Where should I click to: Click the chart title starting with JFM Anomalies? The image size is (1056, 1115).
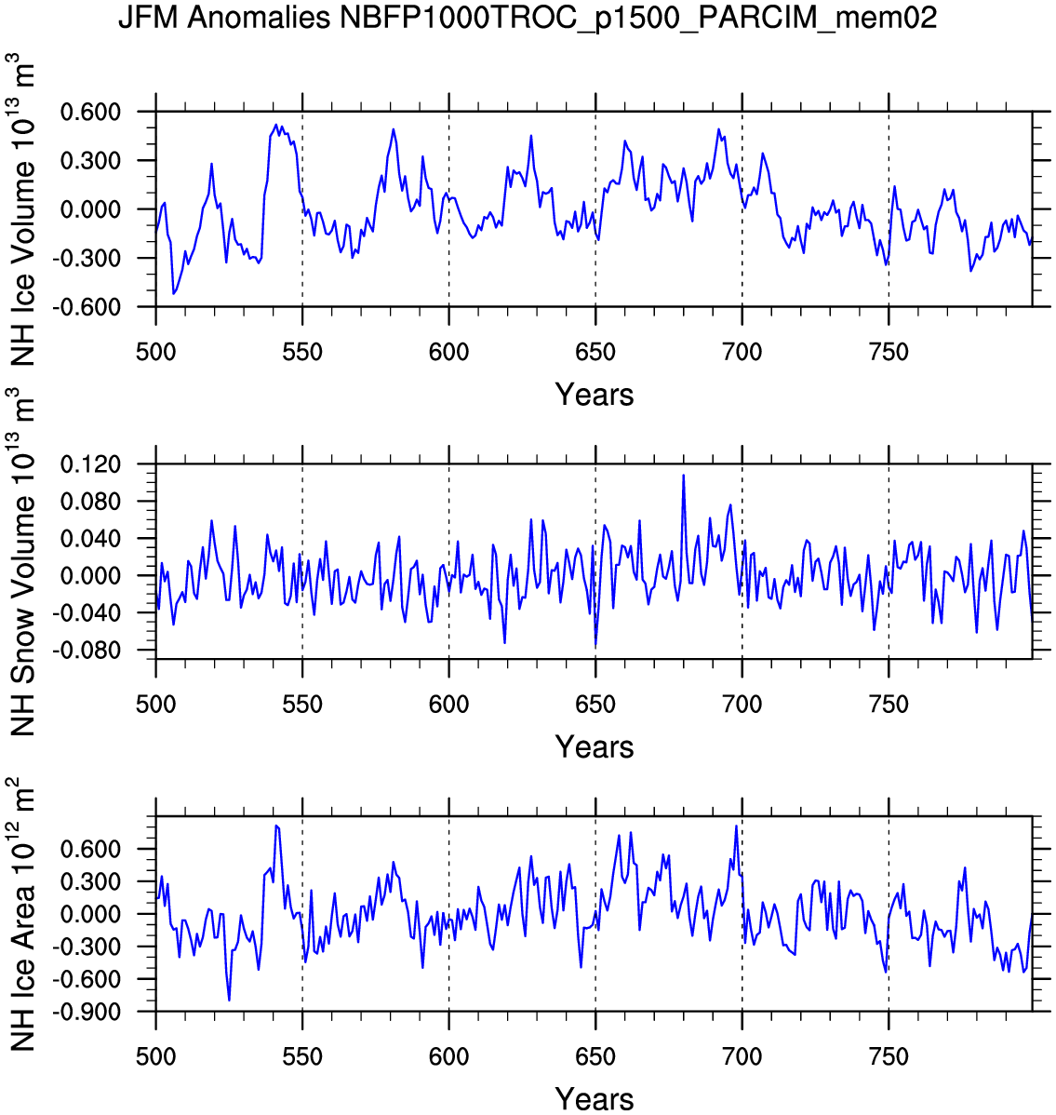(x=528, y=18)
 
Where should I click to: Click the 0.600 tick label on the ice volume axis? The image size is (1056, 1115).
(x=91, y=113)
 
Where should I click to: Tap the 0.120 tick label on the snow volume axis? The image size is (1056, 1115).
(x=91, y=464)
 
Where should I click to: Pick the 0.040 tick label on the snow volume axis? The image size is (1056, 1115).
(x=91, y=539)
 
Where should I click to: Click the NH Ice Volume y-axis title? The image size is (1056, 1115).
(x=22, y=209)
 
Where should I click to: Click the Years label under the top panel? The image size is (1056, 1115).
(x=595, y=395)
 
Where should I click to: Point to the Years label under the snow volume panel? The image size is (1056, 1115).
(x=595, y=746)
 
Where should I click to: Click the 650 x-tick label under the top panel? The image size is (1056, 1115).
(x=595, y=353)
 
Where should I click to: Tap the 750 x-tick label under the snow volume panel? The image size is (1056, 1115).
(x=889, y=705)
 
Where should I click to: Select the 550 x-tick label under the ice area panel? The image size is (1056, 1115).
(x=302, y=1057)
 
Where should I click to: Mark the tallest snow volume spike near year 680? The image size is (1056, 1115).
(x=684, y=476)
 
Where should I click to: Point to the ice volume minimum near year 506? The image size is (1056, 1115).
(x=174, y=294)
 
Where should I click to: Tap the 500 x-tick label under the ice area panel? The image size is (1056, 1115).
(x=156, y=1057)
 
